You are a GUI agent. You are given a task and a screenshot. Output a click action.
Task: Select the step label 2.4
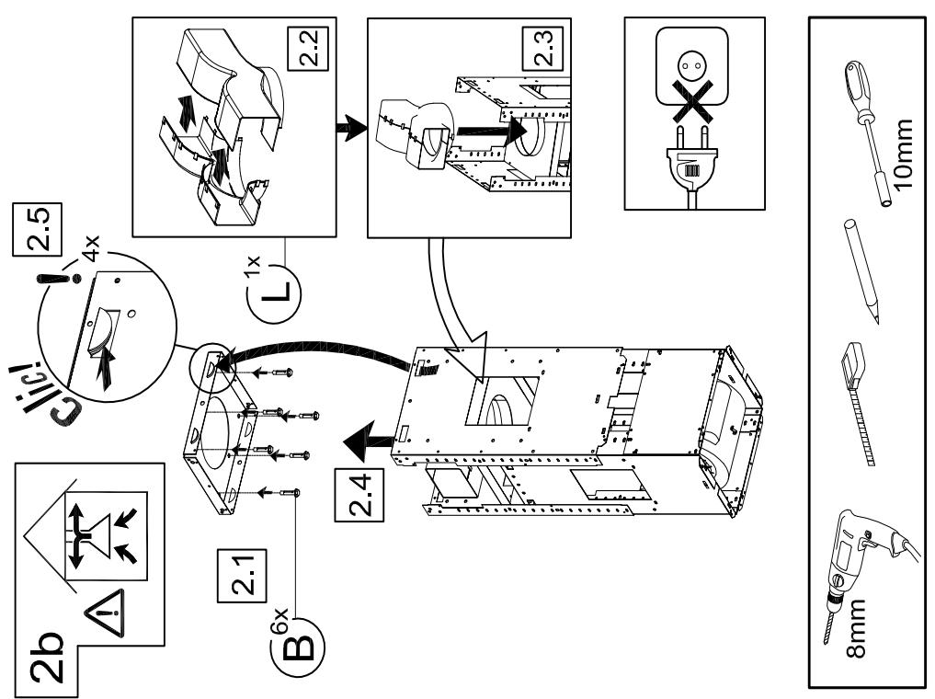point(359,494)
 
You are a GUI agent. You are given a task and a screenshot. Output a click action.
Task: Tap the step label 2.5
point(37,230)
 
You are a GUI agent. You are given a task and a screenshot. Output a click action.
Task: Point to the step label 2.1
point(242,576)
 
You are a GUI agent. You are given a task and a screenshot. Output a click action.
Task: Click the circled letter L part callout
point(274,292)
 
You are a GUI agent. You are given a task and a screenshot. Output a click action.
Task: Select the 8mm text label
point(856,629)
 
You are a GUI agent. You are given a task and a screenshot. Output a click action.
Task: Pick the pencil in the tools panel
point(861,270)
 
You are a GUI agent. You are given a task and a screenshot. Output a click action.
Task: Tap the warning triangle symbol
point(106,613)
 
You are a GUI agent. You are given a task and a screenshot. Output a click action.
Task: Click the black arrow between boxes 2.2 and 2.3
point(351,128)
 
